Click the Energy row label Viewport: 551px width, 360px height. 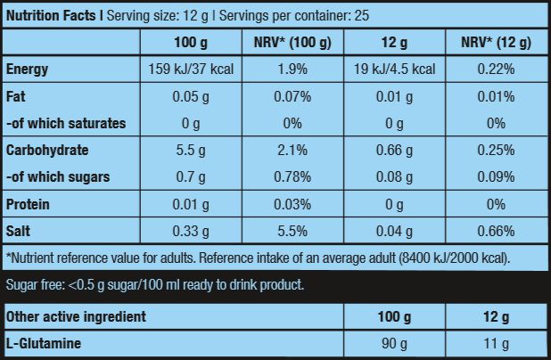pyautogui.click(x=27, y=70)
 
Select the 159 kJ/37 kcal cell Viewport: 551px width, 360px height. pyautogui.click(x=190, y=70)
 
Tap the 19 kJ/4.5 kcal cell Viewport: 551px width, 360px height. pyautogui.click(x=394, y=70)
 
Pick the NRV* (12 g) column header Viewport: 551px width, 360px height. pyautogui.click(x=496, y=43)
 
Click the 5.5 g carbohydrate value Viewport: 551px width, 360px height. pyautogui.click(x=190, y=150)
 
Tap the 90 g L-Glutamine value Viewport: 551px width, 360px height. pyautogui.click(x=394, y=343)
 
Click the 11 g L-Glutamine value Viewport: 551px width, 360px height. pyautogui.click(x=496, y=343)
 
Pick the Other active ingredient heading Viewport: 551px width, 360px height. pyautogui.click(x=76, y=316)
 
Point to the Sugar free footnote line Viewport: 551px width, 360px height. pyautogui.click(x=155, y=285)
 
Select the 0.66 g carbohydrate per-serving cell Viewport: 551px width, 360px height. pyautogui.click(x=394, y=150)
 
